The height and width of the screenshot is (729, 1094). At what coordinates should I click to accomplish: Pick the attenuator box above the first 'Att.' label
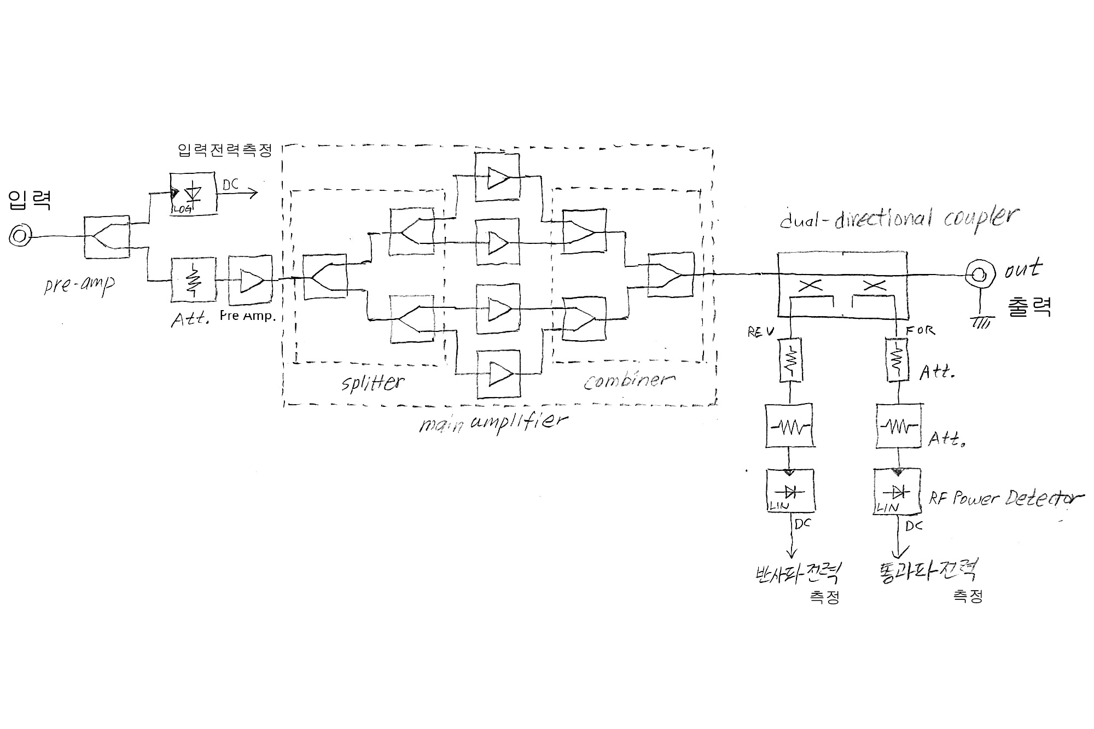pos(193,279)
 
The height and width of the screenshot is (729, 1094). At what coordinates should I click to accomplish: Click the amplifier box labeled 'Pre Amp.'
pos(250,279)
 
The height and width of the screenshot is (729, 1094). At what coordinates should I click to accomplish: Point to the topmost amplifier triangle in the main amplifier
pos(497,177)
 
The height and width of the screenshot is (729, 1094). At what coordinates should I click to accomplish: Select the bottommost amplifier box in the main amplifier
pos(498,375)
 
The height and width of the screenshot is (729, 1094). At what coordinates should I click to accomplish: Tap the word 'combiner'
pos(629,380)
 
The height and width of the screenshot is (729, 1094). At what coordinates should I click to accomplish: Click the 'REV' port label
pos(760,332)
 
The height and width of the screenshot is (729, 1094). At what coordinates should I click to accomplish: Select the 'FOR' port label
pos(921,330)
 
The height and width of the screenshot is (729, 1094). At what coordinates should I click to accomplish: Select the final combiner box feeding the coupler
pos(671,275)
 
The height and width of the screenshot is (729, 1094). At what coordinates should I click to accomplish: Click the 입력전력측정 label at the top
pos(225,150)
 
